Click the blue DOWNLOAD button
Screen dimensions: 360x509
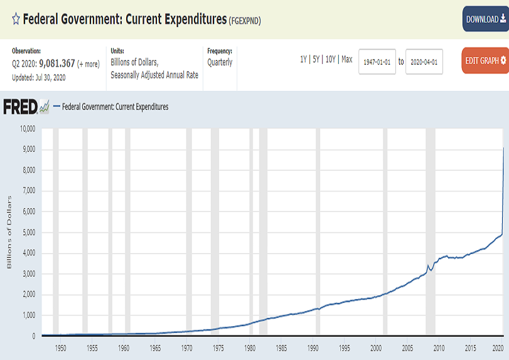click(x=485, y=19)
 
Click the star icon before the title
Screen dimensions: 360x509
click(x=16, y=19)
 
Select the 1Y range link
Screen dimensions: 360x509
click(x=304, y=59)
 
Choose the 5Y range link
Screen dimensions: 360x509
click(x=317, y=59)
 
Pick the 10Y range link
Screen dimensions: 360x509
click(x=331, y=59)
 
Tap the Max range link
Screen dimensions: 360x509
click(x=347, y=59)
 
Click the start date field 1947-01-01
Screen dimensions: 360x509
click(x=377, y=61)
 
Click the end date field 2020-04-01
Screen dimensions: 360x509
click(x=424, y=61)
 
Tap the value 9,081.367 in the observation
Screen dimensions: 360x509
click(x=56, y=63)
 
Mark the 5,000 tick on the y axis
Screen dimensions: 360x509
click(x=30, y=232)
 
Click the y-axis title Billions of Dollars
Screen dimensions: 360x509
click(x=9, y=232)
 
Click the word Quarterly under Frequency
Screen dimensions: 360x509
click(x=220, y=62)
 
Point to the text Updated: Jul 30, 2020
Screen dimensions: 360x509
click(x=38, y=77)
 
